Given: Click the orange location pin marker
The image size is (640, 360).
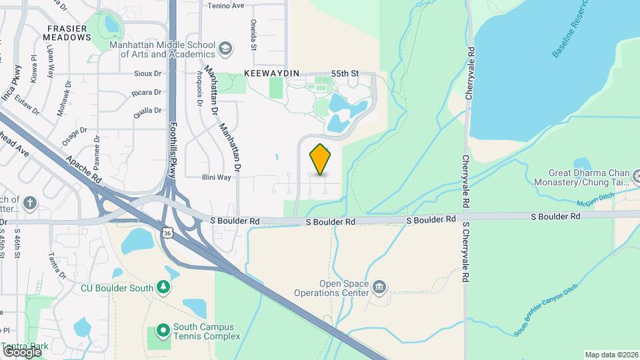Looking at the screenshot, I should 321,159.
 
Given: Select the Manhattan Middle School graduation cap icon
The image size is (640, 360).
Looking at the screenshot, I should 225,49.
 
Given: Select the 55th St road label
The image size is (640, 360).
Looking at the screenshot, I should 345,73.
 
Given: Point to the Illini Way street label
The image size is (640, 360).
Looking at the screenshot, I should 217,177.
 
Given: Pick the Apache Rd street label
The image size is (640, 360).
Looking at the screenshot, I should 83,171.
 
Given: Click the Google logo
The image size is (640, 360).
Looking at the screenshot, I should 23,351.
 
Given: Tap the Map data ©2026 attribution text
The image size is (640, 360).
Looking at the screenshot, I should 611,355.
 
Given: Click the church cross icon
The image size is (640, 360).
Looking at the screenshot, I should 29,202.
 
